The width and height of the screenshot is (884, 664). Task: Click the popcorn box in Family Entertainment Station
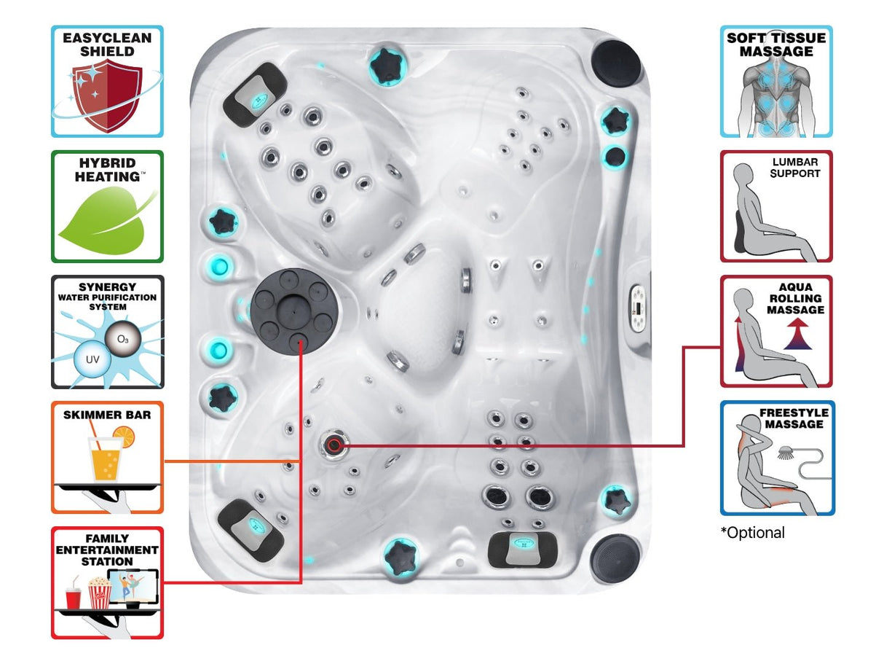pyautogui.click(x=99, y=592)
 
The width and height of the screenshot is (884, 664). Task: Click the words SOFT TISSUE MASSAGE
pyautogui.click(x=776, y=45)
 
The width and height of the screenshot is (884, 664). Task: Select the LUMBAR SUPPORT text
pyautogui.click(x=795, y=168)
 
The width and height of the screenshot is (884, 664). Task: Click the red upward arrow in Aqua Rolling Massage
pyautogui.click(x=797, y=339)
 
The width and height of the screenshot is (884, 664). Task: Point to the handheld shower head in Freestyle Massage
pyautogui.click(x=786, y=453)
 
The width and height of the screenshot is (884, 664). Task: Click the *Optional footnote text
pyautogui.click(x=753, y=533)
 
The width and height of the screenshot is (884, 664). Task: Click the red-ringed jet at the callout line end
pyautogui.click(x=334, y=444)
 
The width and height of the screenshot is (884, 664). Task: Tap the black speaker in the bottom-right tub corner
pyautogui.click(x=615, y=558)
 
